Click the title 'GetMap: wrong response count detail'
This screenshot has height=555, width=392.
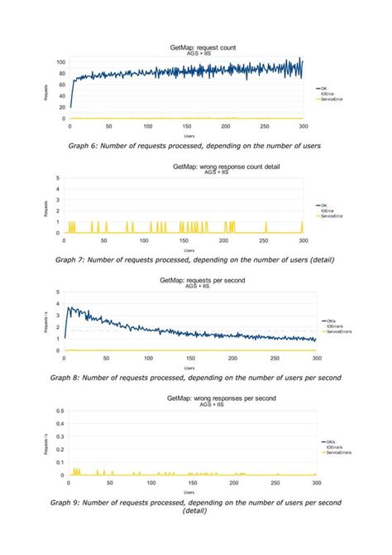[x=226, y=166]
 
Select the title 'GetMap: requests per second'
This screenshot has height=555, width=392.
[x=203, y=280]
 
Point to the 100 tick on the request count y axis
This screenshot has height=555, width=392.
[x=61, y=63]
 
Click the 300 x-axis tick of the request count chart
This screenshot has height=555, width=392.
[x=303, y=127]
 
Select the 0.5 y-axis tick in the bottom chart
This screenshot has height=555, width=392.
[x=59, y=412]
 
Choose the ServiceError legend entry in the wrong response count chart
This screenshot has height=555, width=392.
[x=327, y=215]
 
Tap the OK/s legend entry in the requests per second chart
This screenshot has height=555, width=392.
[x=327, y=321]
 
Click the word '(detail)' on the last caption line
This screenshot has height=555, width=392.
[x=197, y=510]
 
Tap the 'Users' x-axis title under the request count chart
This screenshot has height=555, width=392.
[x=189, y=135]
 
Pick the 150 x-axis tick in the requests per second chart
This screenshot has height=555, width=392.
[x=189, y=360]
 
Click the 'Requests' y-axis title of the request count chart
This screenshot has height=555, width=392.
[x=47, y=91]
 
